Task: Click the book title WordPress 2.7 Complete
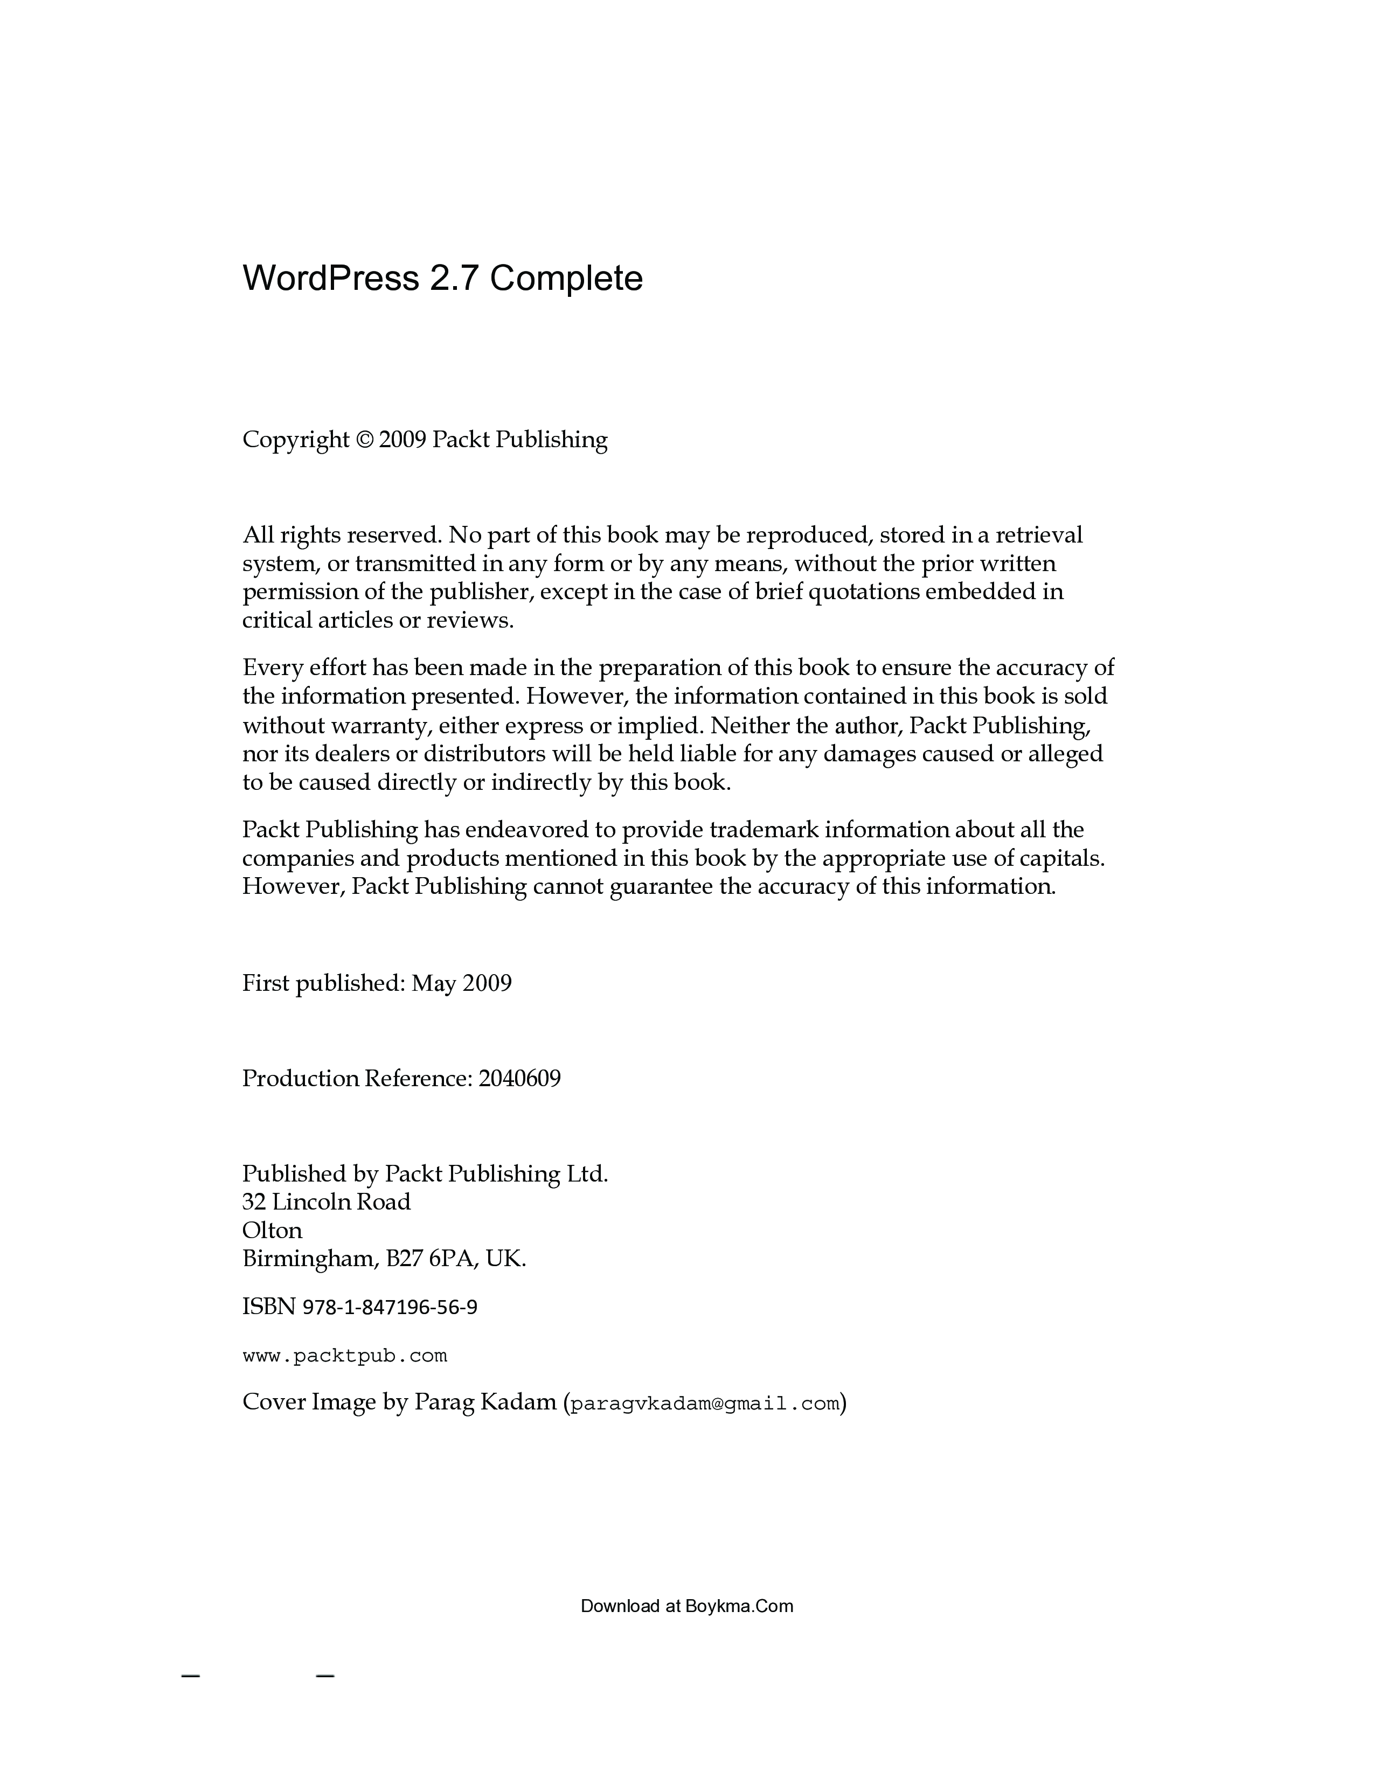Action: (x=442, y=279)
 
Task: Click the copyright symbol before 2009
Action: (x=364, y=440)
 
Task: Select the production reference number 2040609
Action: (x=519, y=1079)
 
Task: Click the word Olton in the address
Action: (x=272, y=1230)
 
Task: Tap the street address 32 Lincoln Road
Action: (x=327, y=1201)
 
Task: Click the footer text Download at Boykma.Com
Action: (x=686, y=1606)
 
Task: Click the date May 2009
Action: (x=462, y=983)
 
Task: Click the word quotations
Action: (x=862, y=591)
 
